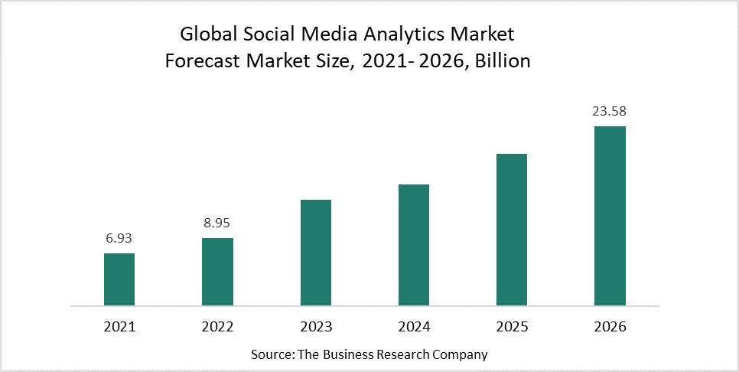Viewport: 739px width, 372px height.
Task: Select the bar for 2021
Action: click(x=119, y=279)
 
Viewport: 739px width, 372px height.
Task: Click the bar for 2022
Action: click(x=217, y=272)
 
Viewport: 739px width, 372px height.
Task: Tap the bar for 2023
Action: click(x=316, y=253)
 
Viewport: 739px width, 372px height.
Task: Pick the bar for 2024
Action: click(x=414, y=245)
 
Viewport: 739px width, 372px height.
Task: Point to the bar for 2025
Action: click(x=512, y=230)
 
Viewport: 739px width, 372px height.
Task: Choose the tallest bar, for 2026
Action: click(x=610, y=216)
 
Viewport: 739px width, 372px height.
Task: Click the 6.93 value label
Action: click(x=119, y=239)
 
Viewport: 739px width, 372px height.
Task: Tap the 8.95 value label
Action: click(x=217, y=224)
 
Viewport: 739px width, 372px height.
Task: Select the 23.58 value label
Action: click(x=610, y=112)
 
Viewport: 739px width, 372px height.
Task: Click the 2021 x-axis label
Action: click(x=119, y=327)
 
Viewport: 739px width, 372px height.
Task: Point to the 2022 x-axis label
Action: click(x=217, y=327)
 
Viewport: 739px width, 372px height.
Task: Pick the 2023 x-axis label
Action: click(x=316, y=327)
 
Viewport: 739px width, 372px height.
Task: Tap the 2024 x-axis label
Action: click(x=414, y=327)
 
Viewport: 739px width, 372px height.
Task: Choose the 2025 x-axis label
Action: click(x=512, y=327)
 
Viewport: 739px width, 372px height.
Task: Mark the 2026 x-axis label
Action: click(x=610, y=327)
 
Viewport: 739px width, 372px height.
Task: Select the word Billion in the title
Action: click(x=503, y=62)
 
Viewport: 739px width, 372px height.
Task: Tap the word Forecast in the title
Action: click(x=200, y=62)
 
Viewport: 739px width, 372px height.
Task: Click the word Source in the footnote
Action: click(x=272, y=354)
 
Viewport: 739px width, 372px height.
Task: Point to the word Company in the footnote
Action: click(x=460, y=354)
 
